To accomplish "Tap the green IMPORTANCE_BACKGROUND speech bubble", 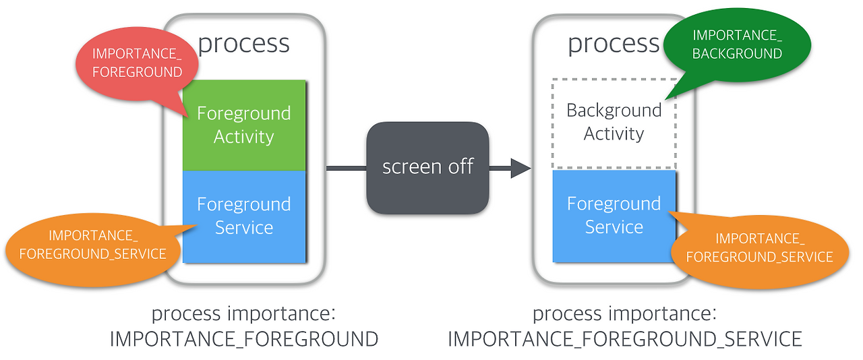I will (737, 44).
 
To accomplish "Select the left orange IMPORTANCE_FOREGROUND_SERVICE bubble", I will (92, 245).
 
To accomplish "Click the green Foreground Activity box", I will (244, 125).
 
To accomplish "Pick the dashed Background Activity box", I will (614, 123).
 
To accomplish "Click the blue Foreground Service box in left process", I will (244, 216).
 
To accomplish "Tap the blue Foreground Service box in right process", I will (614, 216).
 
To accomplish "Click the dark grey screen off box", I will (427, 167).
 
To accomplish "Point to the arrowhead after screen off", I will (520, 168).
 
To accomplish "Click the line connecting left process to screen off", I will (346, 168).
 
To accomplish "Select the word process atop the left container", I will (244, 44).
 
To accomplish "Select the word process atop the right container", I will (614, 44).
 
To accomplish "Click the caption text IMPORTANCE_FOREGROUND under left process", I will (244, 338).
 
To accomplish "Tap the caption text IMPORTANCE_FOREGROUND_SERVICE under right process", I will (625, 338).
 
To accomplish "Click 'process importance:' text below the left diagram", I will (244, 313).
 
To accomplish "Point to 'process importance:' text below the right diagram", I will (625, 313).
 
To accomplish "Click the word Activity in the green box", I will (244, 137).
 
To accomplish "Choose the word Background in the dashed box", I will (614, 111).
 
